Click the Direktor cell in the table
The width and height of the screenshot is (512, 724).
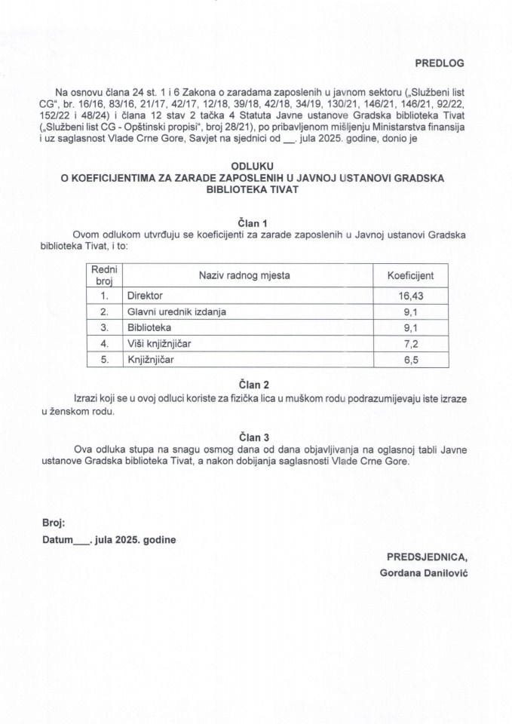[146, 296]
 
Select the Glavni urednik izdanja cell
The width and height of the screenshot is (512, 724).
[177, 311]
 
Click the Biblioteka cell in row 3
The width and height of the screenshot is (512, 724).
[149, 327]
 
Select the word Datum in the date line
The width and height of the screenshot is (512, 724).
[57, 540]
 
